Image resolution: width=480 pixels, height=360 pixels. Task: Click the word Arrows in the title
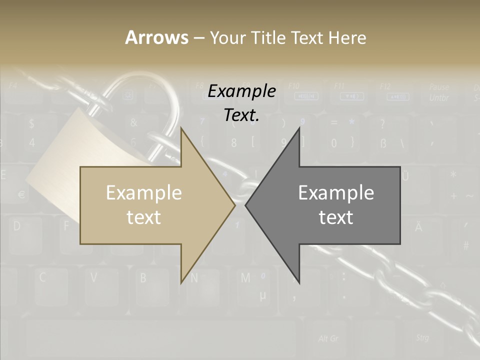point(156,37)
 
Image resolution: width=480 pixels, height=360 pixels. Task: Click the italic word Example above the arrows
point(241,91)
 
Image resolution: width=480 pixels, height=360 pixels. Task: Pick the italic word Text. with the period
point(241,115)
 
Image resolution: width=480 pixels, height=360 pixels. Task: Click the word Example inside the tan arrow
point(143,193)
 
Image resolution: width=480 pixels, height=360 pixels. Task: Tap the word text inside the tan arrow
point(143,217)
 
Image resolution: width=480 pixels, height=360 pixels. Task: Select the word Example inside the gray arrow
point(336,193)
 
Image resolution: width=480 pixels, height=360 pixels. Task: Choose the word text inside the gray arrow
point(336,217)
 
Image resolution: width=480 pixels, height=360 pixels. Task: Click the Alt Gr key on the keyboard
point(328,339)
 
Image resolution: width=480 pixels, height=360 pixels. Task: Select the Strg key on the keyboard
point(422,338)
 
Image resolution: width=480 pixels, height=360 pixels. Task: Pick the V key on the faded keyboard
point(93,278)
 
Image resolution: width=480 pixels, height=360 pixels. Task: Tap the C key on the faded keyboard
point(43,278)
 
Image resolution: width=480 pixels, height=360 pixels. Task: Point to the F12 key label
point(385,86)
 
